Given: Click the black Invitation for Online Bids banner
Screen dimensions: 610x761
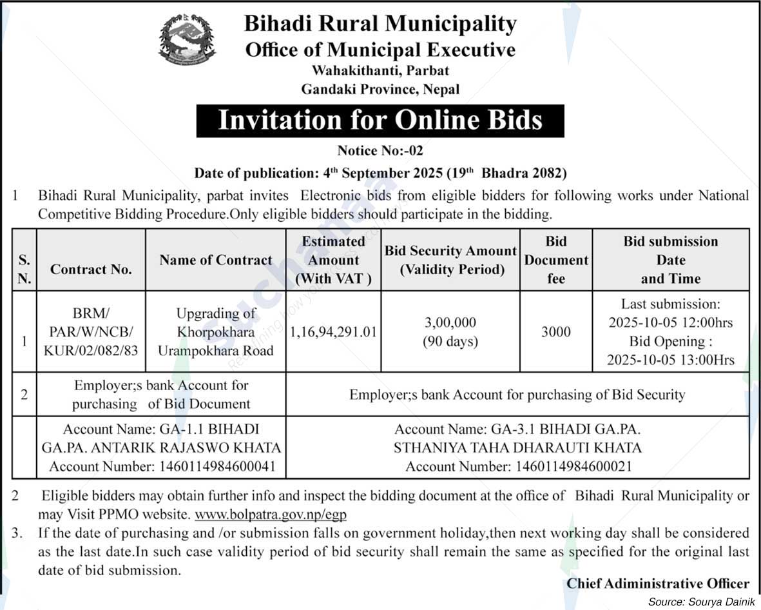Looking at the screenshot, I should coord(380,121).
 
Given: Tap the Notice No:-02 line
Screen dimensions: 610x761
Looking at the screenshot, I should coord(380,151).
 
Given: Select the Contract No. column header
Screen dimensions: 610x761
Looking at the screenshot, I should coord(91,270).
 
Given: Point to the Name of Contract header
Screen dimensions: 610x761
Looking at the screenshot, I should coord(216,260).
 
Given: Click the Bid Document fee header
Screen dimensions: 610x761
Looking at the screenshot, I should coord(555,260).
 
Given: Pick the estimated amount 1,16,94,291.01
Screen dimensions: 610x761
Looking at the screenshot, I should coord(333,332).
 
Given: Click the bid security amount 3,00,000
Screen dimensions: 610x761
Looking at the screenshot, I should coord(450,322).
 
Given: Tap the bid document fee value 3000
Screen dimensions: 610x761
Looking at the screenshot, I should coord(555,332).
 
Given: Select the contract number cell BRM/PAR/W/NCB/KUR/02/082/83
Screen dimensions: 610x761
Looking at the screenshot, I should coord(91,332).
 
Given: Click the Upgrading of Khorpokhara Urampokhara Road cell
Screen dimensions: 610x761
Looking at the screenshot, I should coord(216,332).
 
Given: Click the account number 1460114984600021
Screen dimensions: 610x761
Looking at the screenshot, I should coord(518,466).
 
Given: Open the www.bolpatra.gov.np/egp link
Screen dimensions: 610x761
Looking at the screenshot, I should coord(275,515).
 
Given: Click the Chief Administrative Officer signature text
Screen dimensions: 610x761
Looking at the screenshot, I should coord(658,583).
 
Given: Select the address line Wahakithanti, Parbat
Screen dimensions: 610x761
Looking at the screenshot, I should coord(380,70).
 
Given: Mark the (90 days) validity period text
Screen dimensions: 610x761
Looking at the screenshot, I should coord(450,342).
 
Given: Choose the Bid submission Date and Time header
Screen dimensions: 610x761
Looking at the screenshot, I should coord(670,260).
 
